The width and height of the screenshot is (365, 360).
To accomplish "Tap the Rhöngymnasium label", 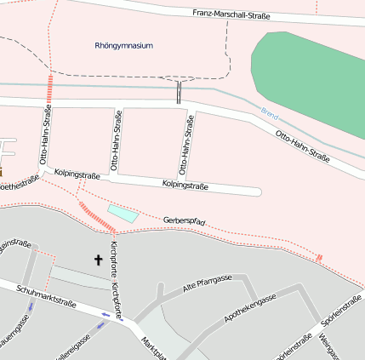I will pos(124,46).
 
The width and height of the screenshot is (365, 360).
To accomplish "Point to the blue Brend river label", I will pos(270,112).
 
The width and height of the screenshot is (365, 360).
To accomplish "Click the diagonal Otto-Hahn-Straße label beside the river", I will pos(302,146).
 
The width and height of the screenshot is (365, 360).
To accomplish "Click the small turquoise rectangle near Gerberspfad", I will pos(123,213).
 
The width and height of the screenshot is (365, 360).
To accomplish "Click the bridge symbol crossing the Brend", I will pos(180,92).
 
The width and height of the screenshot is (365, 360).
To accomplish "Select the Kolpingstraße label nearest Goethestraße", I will pos(77,174).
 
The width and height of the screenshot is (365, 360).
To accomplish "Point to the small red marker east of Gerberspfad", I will pos(319,258).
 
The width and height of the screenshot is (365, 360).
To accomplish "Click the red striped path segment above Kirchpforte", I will pos(97,220).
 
